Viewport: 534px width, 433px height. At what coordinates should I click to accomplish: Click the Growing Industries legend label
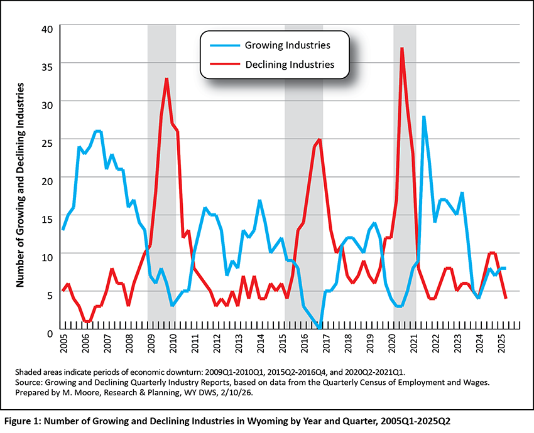click(x=287, y=45)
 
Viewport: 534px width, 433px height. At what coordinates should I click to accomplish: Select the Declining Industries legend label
click(x=289, y=64)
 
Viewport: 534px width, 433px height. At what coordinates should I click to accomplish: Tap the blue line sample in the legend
click(x=221, y=45)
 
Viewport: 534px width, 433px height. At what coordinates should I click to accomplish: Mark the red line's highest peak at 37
click(x=401, y=48)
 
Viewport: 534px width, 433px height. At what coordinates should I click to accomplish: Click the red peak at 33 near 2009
click(x=166, y=78)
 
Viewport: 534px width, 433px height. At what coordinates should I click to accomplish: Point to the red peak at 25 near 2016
click(x=320, y=139)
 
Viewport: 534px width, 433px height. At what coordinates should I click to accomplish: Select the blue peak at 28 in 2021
click(x=424, y=117)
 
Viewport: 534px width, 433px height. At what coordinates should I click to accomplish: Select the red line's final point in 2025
click(x=506, y=298)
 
